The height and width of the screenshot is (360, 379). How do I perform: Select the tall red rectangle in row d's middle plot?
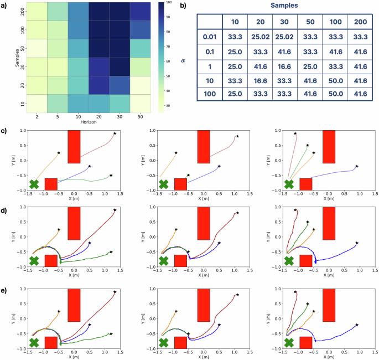point(204,223)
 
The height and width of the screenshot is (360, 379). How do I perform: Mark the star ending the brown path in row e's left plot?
point(115,291)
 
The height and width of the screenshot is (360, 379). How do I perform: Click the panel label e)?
point(4,290)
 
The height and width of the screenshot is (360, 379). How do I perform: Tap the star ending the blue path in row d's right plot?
point(357,243)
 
